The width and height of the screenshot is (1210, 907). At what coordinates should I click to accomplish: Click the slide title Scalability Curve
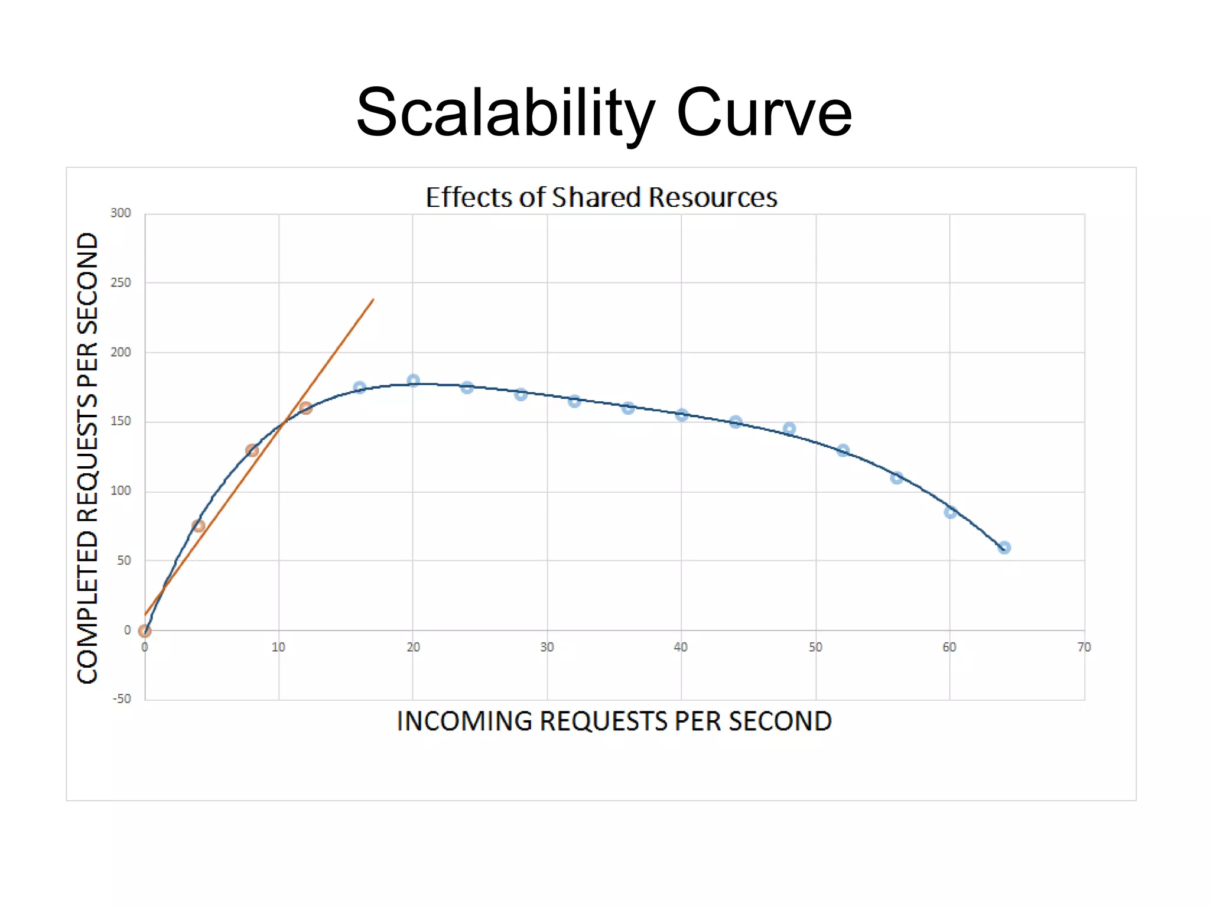click(x=604, y=112)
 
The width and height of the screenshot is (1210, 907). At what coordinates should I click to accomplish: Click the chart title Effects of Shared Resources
click(x=601, y=197)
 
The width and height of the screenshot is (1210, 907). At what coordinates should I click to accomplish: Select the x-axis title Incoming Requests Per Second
click(x=614, y=721)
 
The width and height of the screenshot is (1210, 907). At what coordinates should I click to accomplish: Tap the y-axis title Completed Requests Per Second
click(x=87, y=458)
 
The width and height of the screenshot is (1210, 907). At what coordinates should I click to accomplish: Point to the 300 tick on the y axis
click(x=121, y=213)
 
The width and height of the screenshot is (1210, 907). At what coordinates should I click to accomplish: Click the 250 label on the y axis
click(x=121, y=282)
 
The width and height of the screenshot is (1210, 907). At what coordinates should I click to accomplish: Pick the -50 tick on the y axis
click(x=122, y=699)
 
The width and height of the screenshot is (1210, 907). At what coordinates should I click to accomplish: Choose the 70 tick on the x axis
click(x=1084, y=648)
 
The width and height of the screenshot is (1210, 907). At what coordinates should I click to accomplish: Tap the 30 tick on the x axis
click(x=547, y=648)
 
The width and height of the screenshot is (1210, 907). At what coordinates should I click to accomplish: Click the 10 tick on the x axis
click(x=278, y=648)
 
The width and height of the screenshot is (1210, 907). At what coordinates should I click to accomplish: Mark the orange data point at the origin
click(x=145, y=631)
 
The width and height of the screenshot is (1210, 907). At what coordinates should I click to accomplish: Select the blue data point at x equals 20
click(x=413, y=381)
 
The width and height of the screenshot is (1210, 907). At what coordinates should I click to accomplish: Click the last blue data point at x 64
click(x=1004, y=548)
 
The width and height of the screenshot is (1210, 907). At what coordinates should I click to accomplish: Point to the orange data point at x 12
click(x=305, y=408)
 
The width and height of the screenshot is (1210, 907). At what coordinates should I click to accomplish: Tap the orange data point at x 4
click(x=199, y=526)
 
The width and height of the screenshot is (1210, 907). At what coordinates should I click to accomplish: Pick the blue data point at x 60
click(x=950, y=512)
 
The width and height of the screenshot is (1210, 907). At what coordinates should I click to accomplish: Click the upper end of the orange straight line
click(x=373, y=300)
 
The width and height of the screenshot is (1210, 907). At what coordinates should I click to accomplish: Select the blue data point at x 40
click(x=681, y=415)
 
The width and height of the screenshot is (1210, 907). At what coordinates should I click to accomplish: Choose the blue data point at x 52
click(x=843, y=450)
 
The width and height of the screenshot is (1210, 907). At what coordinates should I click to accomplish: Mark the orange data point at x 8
click(x=252, y=450)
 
